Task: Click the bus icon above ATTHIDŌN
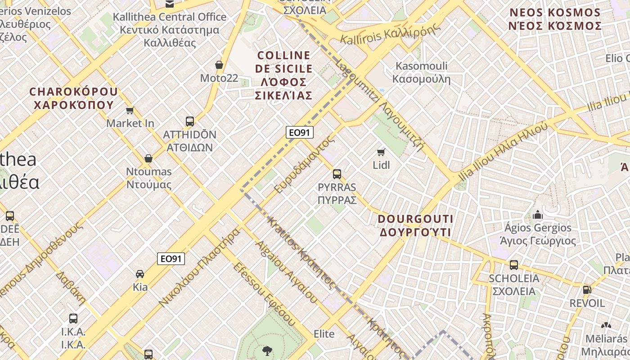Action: click(x=190, y=121)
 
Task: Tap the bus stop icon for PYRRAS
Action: click(x=337, y=174)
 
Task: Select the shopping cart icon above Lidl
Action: click(x=381, y=152)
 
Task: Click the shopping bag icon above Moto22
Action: click(x=219, y=65)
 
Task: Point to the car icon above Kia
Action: click(x=140, y=274)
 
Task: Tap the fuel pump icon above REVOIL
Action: click(x=587, y=290)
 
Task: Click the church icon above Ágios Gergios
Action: click(x=537, y=215)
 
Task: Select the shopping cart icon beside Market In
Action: click(x=130, y=110)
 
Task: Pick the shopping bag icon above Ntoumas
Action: click(x=148, y=158)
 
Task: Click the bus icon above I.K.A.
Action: click(x=73, y=319)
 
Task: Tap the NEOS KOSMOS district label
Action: click(x=555, y=19)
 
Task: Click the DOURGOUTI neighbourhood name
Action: click(x=415, y=225)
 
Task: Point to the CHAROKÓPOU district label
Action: click(x=73, y=98)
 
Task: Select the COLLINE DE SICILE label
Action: click(x=283, y=75)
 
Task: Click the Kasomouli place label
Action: click(x=421, y=72)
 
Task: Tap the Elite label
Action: click(x=324, y=334)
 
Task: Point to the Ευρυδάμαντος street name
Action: click(x=305, y=164)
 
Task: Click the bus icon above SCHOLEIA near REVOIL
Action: click(x=514, y=265)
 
